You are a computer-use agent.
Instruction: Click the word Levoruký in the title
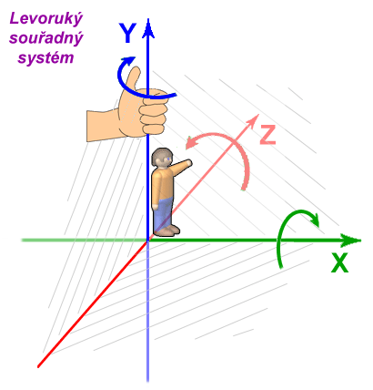click(x=45, y=20)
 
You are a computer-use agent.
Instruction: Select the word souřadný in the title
click(x=46, y=38)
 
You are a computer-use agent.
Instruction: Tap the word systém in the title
click(x=45, y=57)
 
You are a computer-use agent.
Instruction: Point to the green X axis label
click(x=339, y=263)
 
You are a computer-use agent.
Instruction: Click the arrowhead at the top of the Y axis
click(x=148, y=28)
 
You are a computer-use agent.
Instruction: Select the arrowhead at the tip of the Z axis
click(x=253, y=120)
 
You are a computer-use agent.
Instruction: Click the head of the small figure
click(x=163, y=158)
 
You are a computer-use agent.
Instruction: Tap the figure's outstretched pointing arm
click(x=182, y=166)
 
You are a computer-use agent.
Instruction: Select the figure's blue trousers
click(x=163, y=212)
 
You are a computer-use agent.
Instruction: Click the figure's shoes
click(x=167, y=231)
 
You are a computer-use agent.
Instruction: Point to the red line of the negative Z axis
click(x=93, y=303)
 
